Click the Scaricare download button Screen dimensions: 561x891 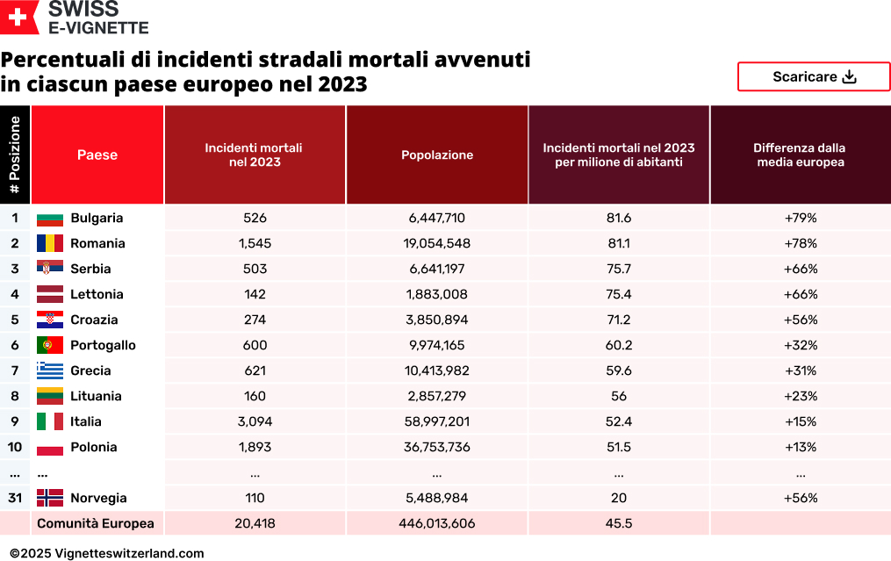tap(814, 76)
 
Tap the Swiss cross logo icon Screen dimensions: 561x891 tap(19, 18)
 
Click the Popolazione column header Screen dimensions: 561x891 tap(437, 155)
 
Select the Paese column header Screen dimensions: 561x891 tap(97, 155)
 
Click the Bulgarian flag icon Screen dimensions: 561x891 tap(50, 218)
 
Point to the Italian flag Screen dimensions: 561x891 tap(50, 421)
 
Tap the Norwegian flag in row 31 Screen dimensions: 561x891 tap(50, 498)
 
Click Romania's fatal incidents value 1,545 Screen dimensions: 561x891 tap(255, 243)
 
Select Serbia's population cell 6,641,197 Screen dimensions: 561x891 tap(437, 269)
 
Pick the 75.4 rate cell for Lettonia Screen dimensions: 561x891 tap(619, 294)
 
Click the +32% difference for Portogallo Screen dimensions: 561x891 tap(801, 345)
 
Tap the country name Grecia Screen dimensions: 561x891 tap(90, 370)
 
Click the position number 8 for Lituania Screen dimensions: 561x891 tap(15, 396)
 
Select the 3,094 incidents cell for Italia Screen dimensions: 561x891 tap(255, 421)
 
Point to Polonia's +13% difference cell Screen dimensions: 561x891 tap(801, 447)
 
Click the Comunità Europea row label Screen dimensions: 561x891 tap(95, 523)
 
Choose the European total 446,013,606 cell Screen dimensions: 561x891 tap(437, 523)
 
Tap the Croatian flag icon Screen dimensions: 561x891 tap(50, 320)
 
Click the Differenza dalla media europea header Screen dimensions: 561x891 tap(800, 155)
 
